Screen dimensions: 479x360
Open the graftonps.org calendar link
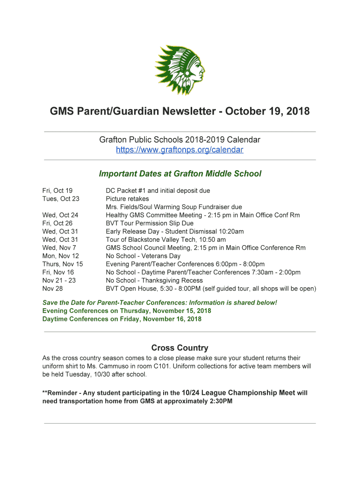click(180, 150)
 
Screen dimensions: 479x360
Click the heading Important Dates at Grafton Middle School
click(180, 174)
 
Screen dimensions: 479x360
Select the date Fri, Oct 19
click(58, 190)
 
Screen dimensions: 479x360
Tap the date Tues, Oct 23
click(61, 199)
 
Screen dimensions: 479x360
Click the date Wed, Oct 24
click(60, 215)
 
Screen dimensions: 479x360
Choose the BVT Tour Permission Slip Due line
click(150, 223)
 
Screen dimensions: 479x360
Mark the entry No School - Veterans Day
click(143, 256)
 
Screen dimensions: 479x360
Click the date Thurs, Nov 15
click(63, 264)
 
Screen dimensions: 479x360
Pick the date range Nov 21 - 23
click(59, 280)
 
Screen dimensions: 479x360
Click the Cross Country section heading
click(180, 348)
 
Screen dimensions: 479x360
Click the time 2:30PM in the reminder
click(220, 401)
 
